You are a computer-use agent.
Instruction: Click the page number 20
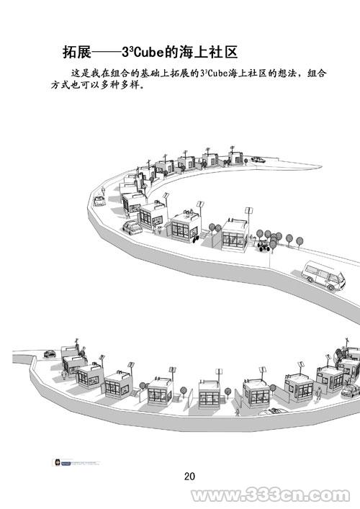pyautogui.click(x=189, y=476)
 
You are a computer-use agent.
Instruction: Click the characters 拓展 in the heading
pyautogui.click(x=77, y=52)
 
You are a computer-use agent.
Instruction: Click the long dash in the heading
pyautogui.click(x=106, y=53)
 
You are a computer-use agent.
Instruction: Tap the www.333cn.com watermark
pyautogui.click(x=271, y=496)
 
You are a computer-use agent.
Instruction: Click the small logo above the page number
pyautogui.click(x=76, y=463)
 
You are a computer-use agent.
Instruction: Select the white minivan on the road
pyautogui.click(x=323, y=275)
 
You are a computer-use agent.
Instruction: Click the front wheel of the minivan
pyautogui.click(x=331, y=287)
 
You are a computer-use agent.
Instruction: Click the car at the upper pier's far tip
pyautogui.click(x=258, y=159)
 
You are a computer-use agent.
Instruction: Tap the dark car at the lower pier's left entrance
pyautogui.click(x=50, y=353)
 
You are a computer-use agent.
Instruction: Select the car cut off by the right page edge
pyautogui.click(x=351, y=390)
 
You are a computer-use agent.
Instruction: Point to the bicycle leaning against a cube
pyautogui.click(x=195, y=239)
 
